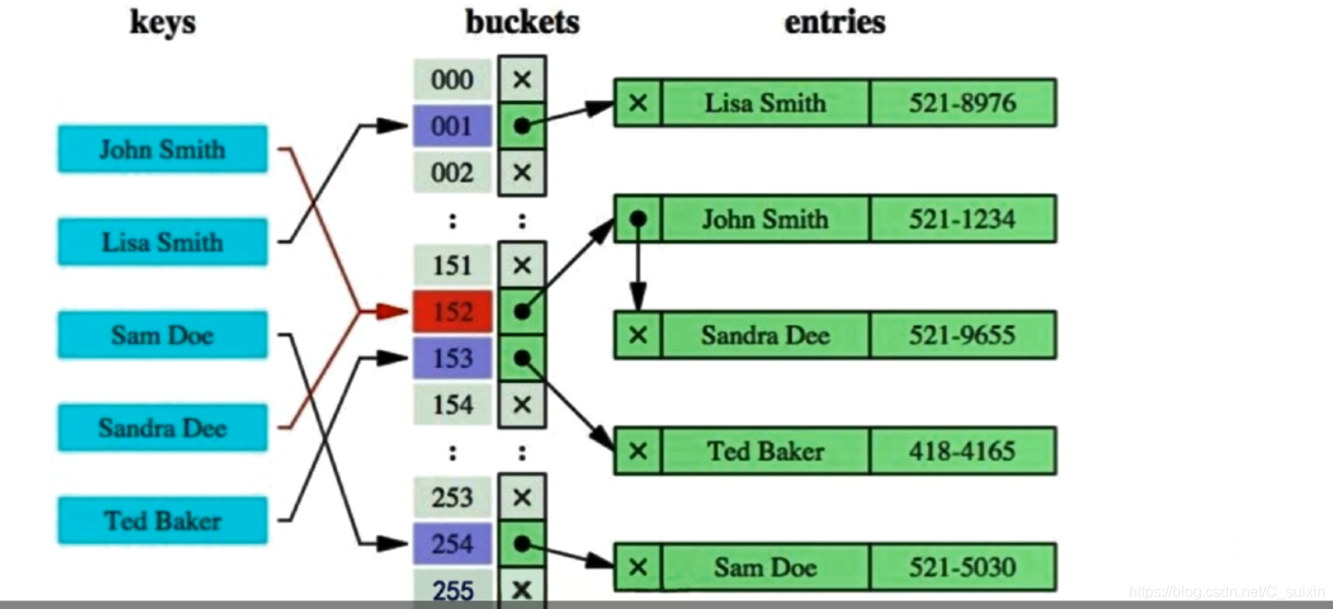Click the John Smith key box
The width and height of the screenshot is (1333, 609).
(x=162, y=149)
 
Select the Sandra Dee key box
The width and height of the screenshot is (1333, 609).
(x=162, y=427)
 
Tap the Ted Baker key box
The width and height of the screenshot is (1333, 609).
(x=162, y=521)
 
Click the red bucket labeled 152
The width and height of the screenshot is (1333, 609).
(x=453, y=312)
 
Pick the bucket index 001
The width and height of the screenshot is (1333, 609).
(x=453, y=126)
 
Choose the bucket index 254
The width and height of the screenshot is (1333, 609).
(x=453, y=545)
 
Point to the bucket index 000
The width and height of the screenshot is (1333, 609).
(x=453, y=79)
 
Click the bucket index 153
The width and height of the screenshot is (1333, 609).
(x=453, y=358)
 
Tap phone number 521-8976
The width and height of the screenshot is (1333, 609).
(x=962, y=103)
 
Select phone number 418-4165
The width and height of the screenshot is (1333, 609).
(x=962, y=451)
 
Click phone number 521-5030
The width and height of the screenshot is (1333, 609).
(x=962, y=567)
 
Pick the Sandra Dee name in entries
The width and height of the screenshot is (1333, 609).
(x=765, y=336)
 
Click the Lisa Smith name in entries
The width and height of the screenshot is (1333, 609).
(x=765, y=103)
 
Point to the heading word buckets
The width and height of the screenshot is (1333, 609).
(x=521, y=22)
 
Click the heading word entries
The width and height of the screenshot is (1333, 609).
(x=834, y=22)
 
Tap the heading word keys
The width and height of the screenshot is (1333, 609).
(x=162, y=22)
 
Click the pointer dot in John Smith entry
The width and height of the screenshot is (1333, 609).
(x=639, y=218)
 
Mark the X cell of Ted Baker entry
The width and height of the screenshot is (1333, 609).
(x=639, y=451)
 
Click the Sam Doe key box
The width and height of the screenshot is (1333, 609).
(x=162, y=335)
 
